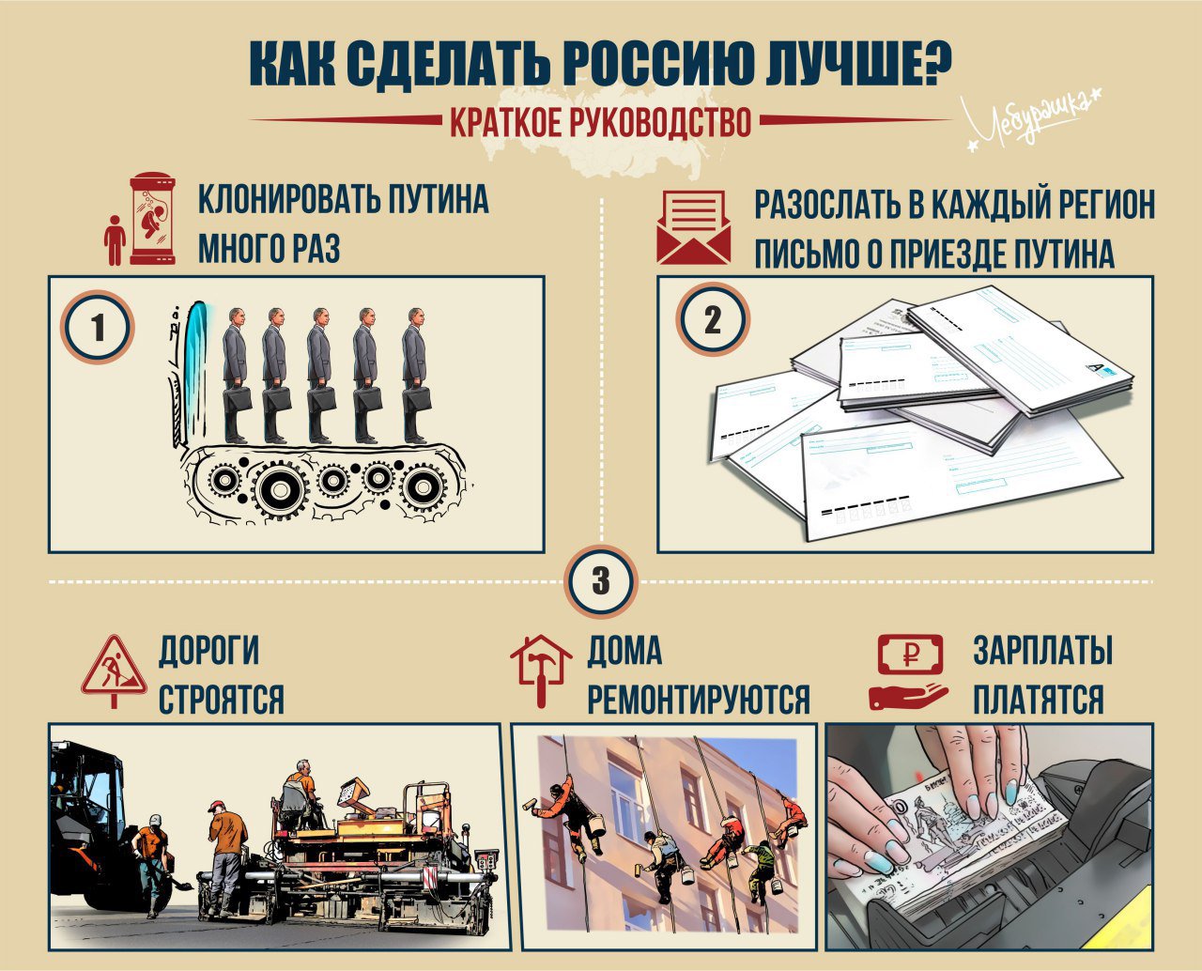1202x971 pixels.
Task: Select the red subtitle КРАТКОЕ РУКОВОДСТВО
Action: point(600,121)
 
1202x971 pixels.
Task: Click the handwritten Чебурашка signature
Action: point(1033,122)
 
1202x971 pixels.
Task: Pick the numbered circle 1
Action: point(98,327)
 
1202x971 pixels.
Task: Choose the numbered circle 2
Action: point(713,320)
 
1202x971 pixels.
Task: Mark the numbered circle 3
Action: point(601,580)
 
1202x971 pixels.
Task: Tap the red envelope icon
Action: point(693,227)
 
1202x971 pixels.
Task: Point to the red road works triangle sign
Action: point(114,670)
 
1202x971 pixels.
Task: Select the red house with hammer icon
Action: point(541,670)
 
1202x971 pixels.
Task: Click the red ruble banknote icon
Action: point(910,654)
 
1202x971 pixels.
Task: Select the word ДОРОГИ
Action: point(208,651)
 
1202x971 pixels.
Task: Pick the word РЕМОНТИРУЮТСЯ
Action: point(699,699)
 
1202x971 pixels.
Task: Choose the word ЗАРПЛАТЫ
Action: point(1043,650)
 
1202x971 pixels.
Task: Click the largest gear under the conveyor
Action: point(281,490)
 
